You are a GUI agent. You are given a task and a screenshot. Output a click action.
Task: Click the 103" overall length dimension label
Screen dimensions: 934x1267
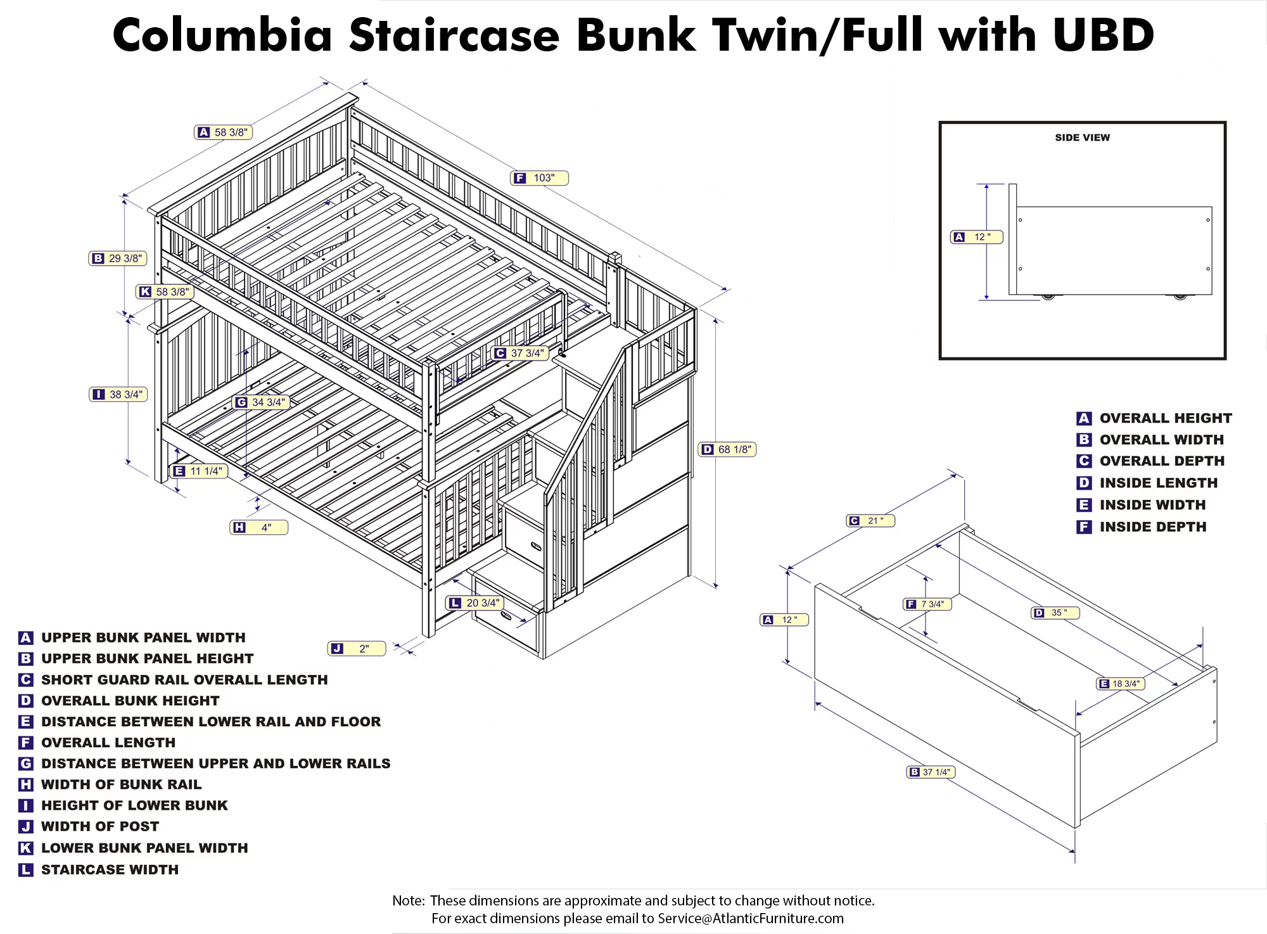pyautogui.click(x=539, y=178)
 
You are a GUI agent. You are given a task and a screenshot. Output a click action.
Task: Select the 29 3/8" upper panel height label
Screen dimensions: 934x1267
pyautogui.click(x=118, y=259)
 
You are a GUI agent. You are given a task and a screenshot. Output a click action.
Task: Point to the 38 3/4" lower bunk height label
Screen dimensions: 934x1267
pyautogui.click(x=118, y=394)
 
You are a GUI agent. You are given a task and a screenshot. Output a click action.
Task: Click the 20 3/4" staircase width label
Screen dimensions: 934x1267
pyautogui.click(x=474, y=603)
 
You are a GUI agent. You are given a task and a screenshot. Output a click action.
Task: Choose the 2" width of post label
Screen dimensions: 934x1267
pyautogui.click(x=357, y=648)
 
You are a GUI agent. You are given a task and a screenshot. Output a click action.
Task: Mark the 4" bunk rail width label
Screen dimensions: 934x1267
pyautogui.click(x=259, y=527)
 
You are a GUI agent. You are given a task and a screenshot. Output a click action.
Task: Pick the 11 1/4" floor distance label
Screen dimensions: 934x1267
pyautogui.click(x=199, y=471)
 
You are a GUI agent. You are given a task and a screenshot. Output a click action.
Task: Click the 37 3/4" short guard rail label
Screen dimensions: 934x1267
pyautogui.click(x=520, y=353)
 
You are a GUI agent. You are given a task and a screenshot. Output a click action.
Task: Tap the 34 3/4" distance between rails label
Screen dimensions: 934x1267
pyautogui.click(x=261, y=402)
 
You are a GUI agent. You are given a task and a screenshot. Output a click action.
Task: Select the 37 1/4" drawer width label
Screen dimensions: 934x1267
pyautogui.click(x=931, y=772)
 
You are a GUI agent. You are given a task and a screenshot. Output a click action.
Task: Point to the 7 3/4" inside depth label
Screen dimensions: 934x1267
pyautogui.click(x=927, y=604)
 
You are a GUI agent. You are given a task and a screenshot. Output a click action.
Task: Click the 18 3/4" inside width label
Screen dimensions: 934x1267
pyautogui.click(x=1120, y=684)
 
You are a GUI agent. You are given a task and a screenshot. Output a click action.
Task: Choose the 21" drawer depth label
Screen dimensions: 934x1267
pyautogui.click(x=870, y=520)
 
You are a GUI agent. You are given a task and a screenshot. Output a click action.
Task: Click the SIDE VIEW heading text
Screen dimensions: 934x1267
pyautogui.click(x=1082, y=138)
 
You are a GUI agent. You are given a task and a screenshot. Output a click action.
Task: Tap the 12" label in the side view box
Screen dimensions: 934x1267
pyautogui.click(x=976, y=237)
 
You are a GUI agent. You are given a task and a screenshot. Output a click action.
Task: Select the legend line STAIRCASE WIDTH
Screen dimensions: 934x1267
pyautogui.click(x=110, y=869)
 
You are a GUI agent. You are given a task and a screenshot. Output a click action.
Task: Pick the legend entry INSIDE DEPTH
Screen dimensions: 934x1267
pyautogui.click(x=1152, y=527)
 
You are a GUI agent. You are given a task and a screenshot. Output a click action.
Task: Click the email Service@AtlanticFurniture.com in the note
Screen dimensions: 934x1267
pyautogui.click(x=750, y=918)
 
